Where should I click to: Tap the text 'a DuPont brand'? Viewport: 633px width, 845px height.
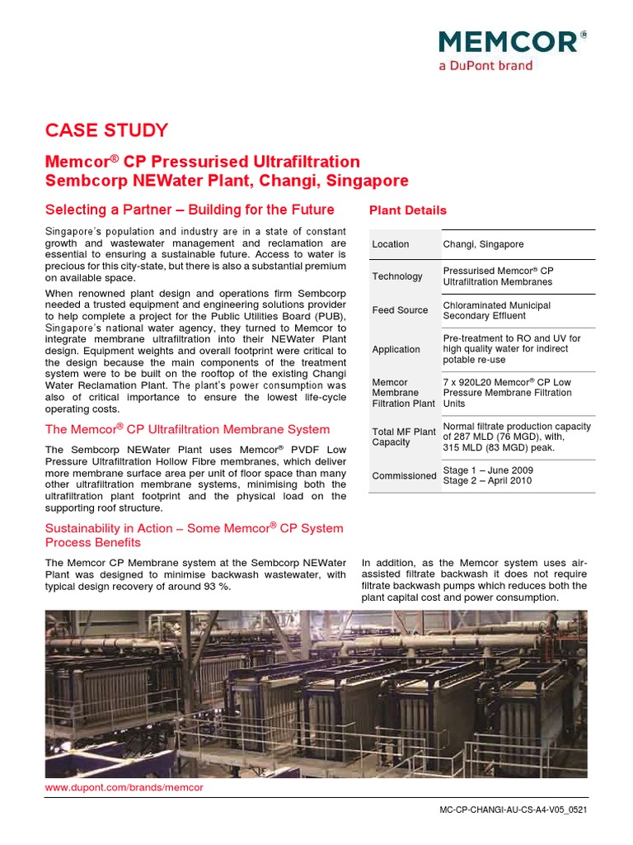485,65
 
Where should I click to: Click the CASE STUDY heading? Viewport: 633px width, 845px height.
106,130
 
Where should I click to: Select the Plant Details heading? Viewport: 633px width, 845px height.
407,210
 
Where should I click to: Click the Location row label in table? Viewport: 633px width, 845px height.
390,244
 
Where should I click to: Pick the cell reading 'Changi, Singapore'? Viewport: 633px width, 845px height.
483,244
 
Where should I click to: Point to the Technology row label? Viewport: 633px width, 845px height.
397,276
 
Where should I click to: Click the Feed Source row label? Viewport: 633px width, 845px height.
400,310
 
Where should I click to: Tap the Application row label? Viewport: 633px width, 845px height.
396,349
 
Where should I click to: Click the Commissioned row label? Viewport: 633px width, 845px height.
404,476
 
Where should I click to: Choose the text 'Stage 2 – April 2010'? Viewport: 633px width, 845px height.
487,481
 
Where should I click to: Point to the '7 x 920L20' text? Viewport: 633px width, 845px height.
469,382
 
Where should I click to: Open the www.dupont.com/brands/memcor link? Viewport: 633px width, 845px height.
124,787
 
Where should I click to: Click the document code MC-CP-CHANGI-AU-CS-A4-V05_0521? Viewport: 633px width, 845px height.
513,810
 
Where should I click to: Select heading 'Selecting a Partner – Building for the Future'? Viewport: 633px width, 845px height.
190,210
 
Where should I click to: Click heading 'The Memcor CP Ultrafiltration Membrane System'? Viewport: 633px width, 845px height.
187,429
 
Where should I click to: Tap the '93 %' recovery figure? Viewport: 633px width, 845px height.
216,587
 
